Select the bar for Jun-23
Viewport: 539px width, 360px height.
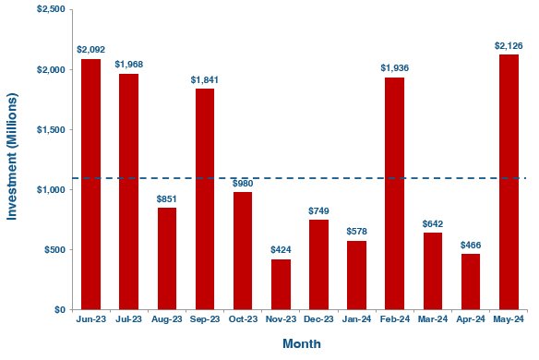pyautogui.click(x=90, y=185)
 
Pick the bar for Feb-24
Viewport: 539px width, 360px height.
pyautogui.click(x=394, y=194)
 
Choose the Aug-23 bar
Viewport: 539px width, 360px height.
pyautogui.click(x=167, y=258)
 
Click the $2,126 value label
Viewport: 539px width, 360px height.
pyautogui.click(x=508, y=45)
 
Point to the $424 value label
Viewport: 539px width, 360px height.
pyautogui.click(x=281, y=250)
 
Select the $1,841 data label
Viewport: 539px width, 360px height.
pyautogui.click(x=205, y=79)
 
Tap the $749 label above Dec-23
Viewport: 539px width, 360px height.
pyautogui.click(x=318, y=210)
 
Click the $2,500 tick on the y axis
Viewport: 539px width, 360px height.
pyautogui.click(x=50, y=9)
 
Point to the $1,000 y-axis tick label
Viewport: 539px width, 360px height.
pyautogui.click(x=50, y=190)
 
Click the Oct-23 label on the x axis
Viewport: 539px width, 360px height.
pyautogui.click(x=243, y=319)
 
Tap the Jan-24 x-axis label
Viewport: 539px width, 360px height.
pyautogui.click(x=356, y=319)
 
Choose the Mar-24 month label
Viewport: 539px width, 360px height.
pyautogui.click(x=432, y=319)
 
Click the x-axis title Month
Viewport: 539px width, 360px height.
pyautogui.click(x=302, y=344)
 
